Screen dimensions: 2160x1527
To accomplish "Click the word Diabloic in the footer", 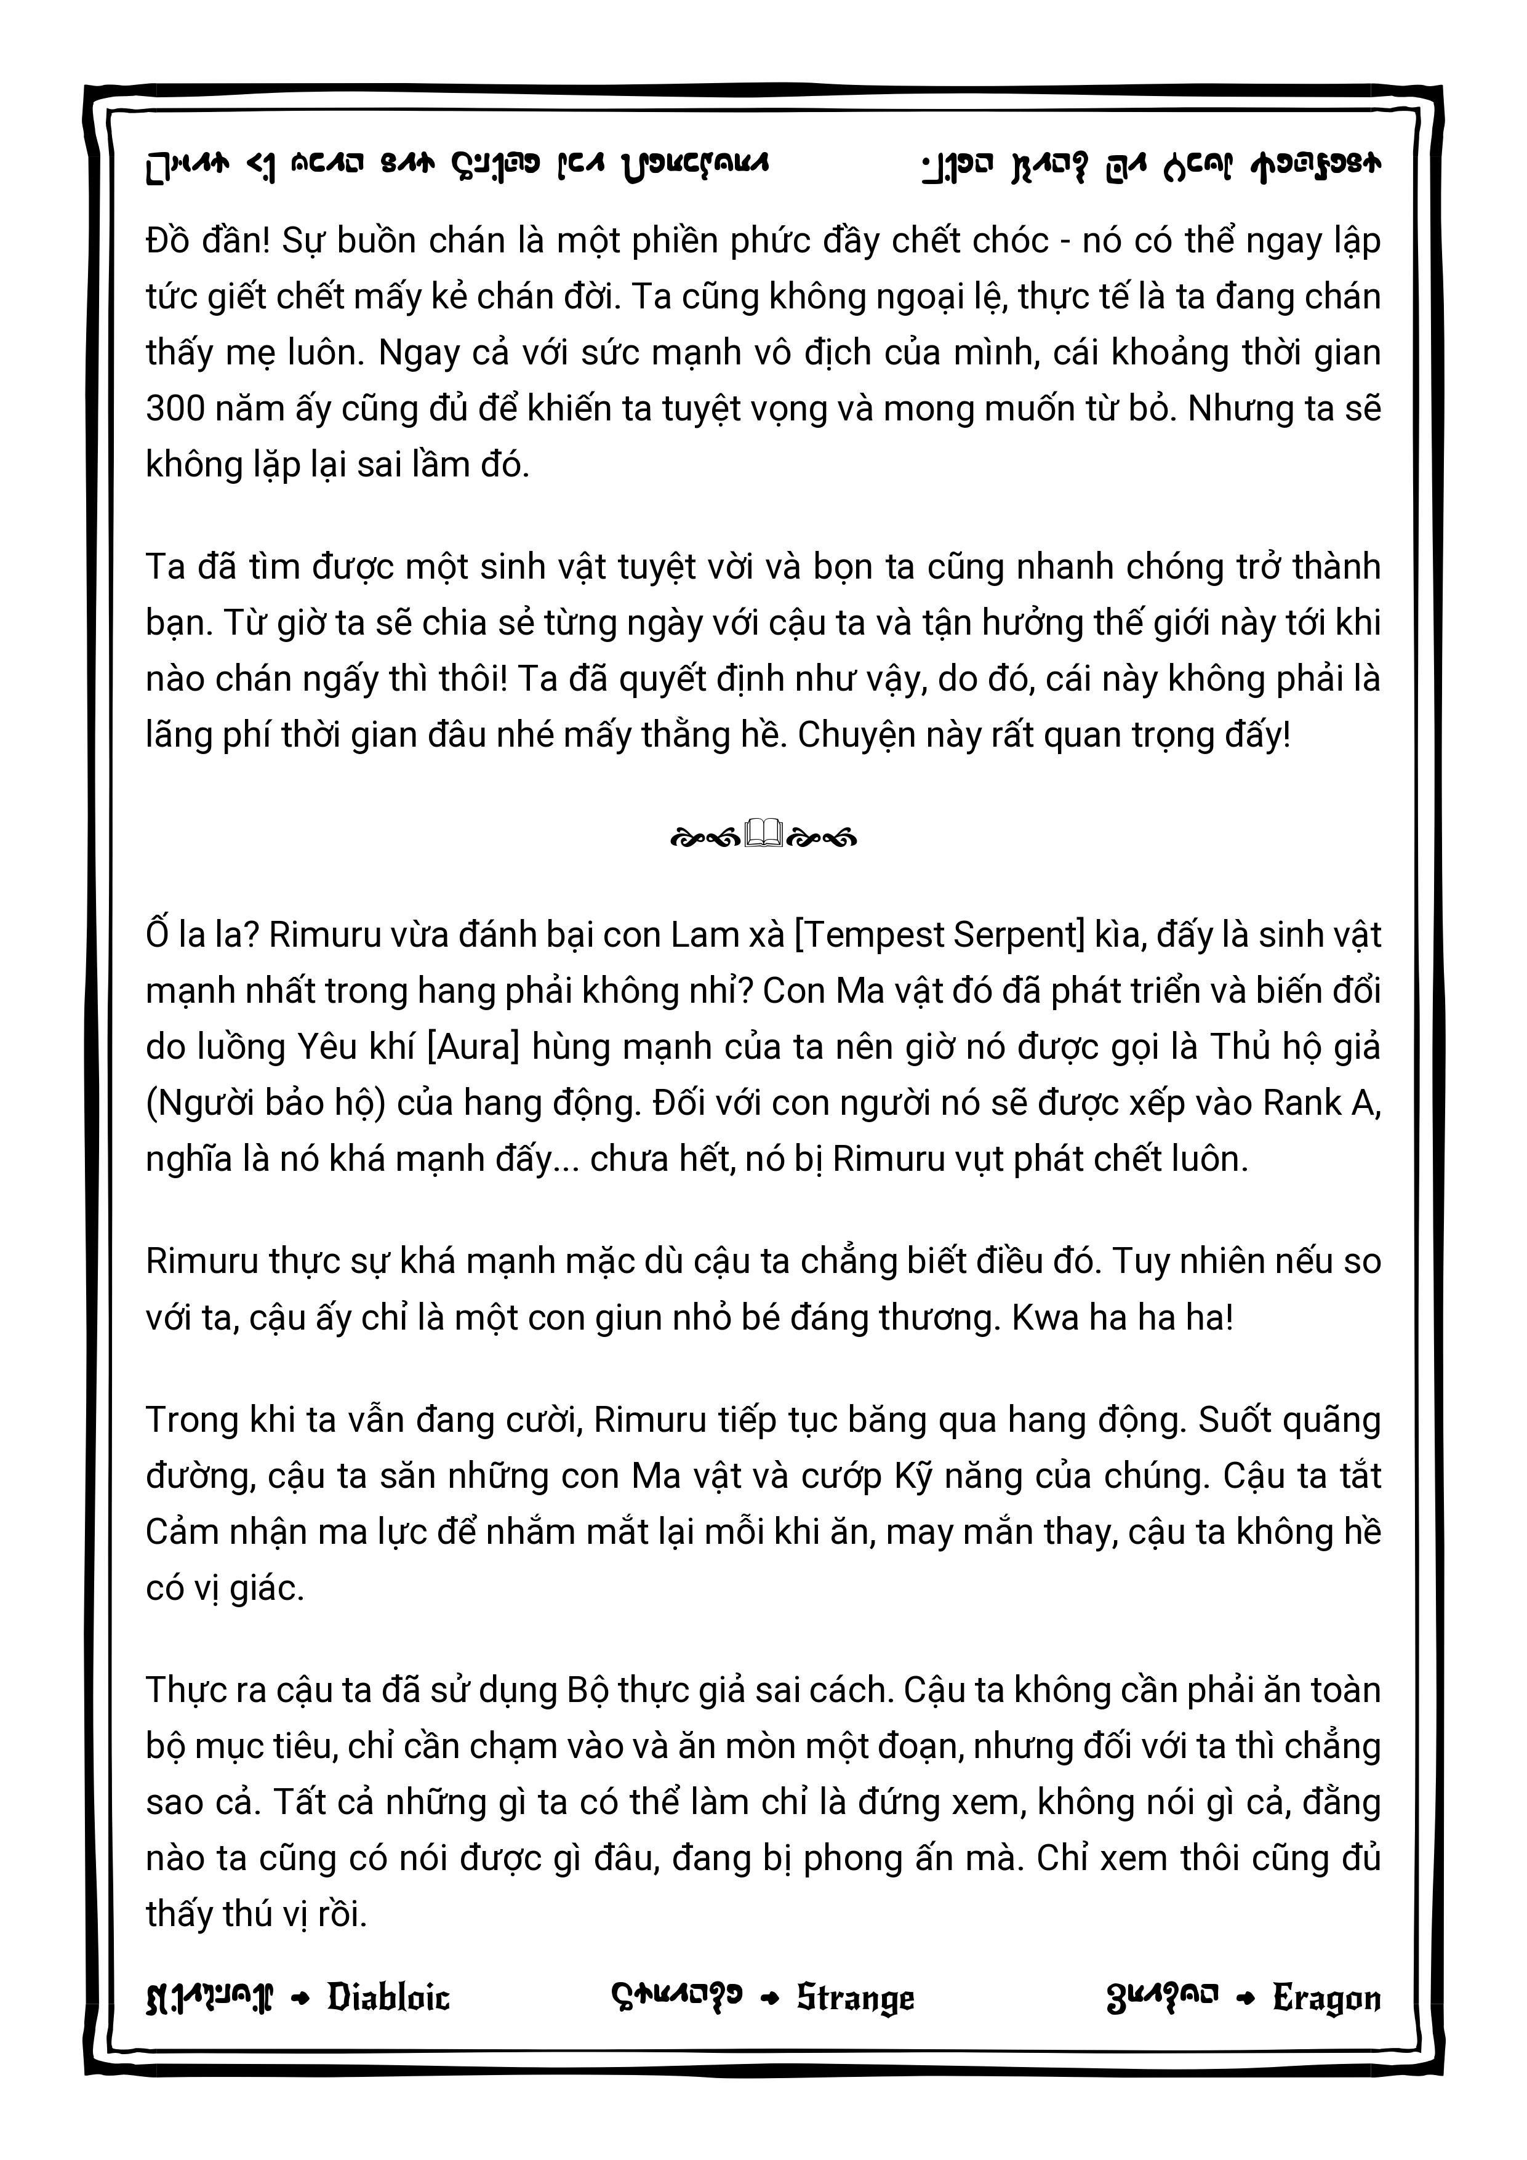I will click(x=388, y=1998).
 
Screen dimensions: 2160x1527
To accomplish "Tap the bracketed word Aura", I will click(x=473, y=1046).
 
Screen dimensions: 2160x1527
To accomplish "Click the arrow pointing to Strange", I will click(x=769, y=1998).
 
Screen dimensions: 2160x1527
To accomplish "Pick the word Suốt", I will click(x=1237, y=1419).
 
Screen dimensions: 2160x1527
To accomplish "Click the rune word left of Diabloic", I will click(x=209, y=1998).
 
